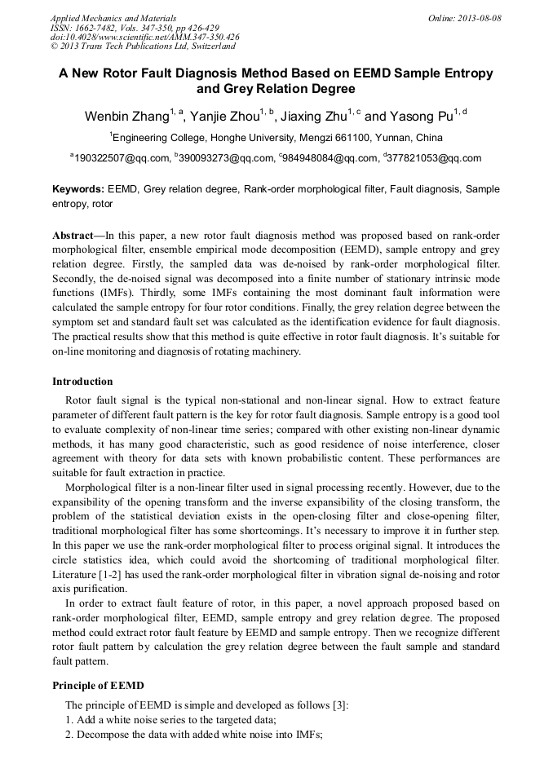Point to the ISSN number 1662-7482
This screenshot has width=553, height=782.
tap(97, 28)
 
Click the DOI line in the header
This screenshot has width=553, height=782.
tap(144, 38)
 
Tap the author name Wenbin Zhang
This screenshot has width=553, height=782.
tap(126, 117)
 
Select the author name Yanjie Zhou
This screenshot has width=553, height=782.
tap(224, 117)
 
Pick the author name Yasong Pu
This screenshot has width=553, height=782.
tap(424, 117)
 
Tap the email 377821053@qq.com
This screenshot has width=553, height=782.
tap(434, 159)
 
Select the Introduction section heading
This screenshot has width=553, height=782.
tap(82, 382)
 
